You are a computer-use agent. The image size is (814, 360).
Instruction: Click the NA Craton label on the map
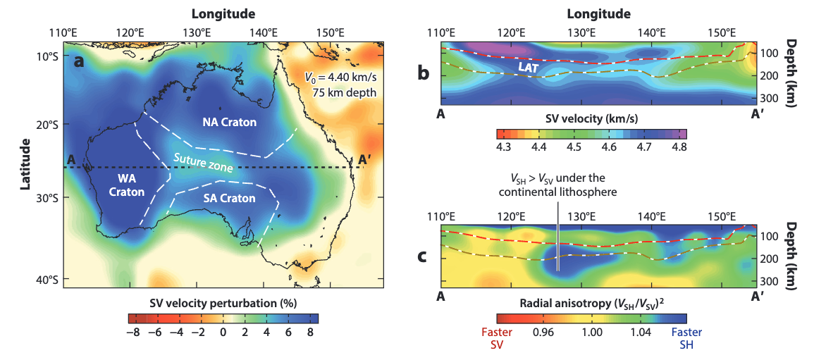[x=229, y=123]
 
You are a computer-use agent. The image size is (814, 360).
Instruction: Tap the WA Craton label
[x=127, y=185]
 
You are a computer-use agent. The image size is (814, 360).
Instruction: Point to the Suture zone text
[x=204, y=166]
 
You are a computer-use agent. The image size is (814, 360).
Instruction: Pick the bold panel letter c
[x=423, y=254]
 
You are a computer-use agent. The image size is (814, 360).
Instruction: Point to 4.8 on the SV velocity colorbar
[x=679, y=147]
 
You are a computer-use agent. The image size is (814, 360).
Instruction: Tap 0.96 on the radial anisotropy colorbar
[x=543, y=332]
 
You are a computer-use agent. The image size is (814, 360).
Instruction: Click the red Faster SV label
[x=496, y=339]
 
